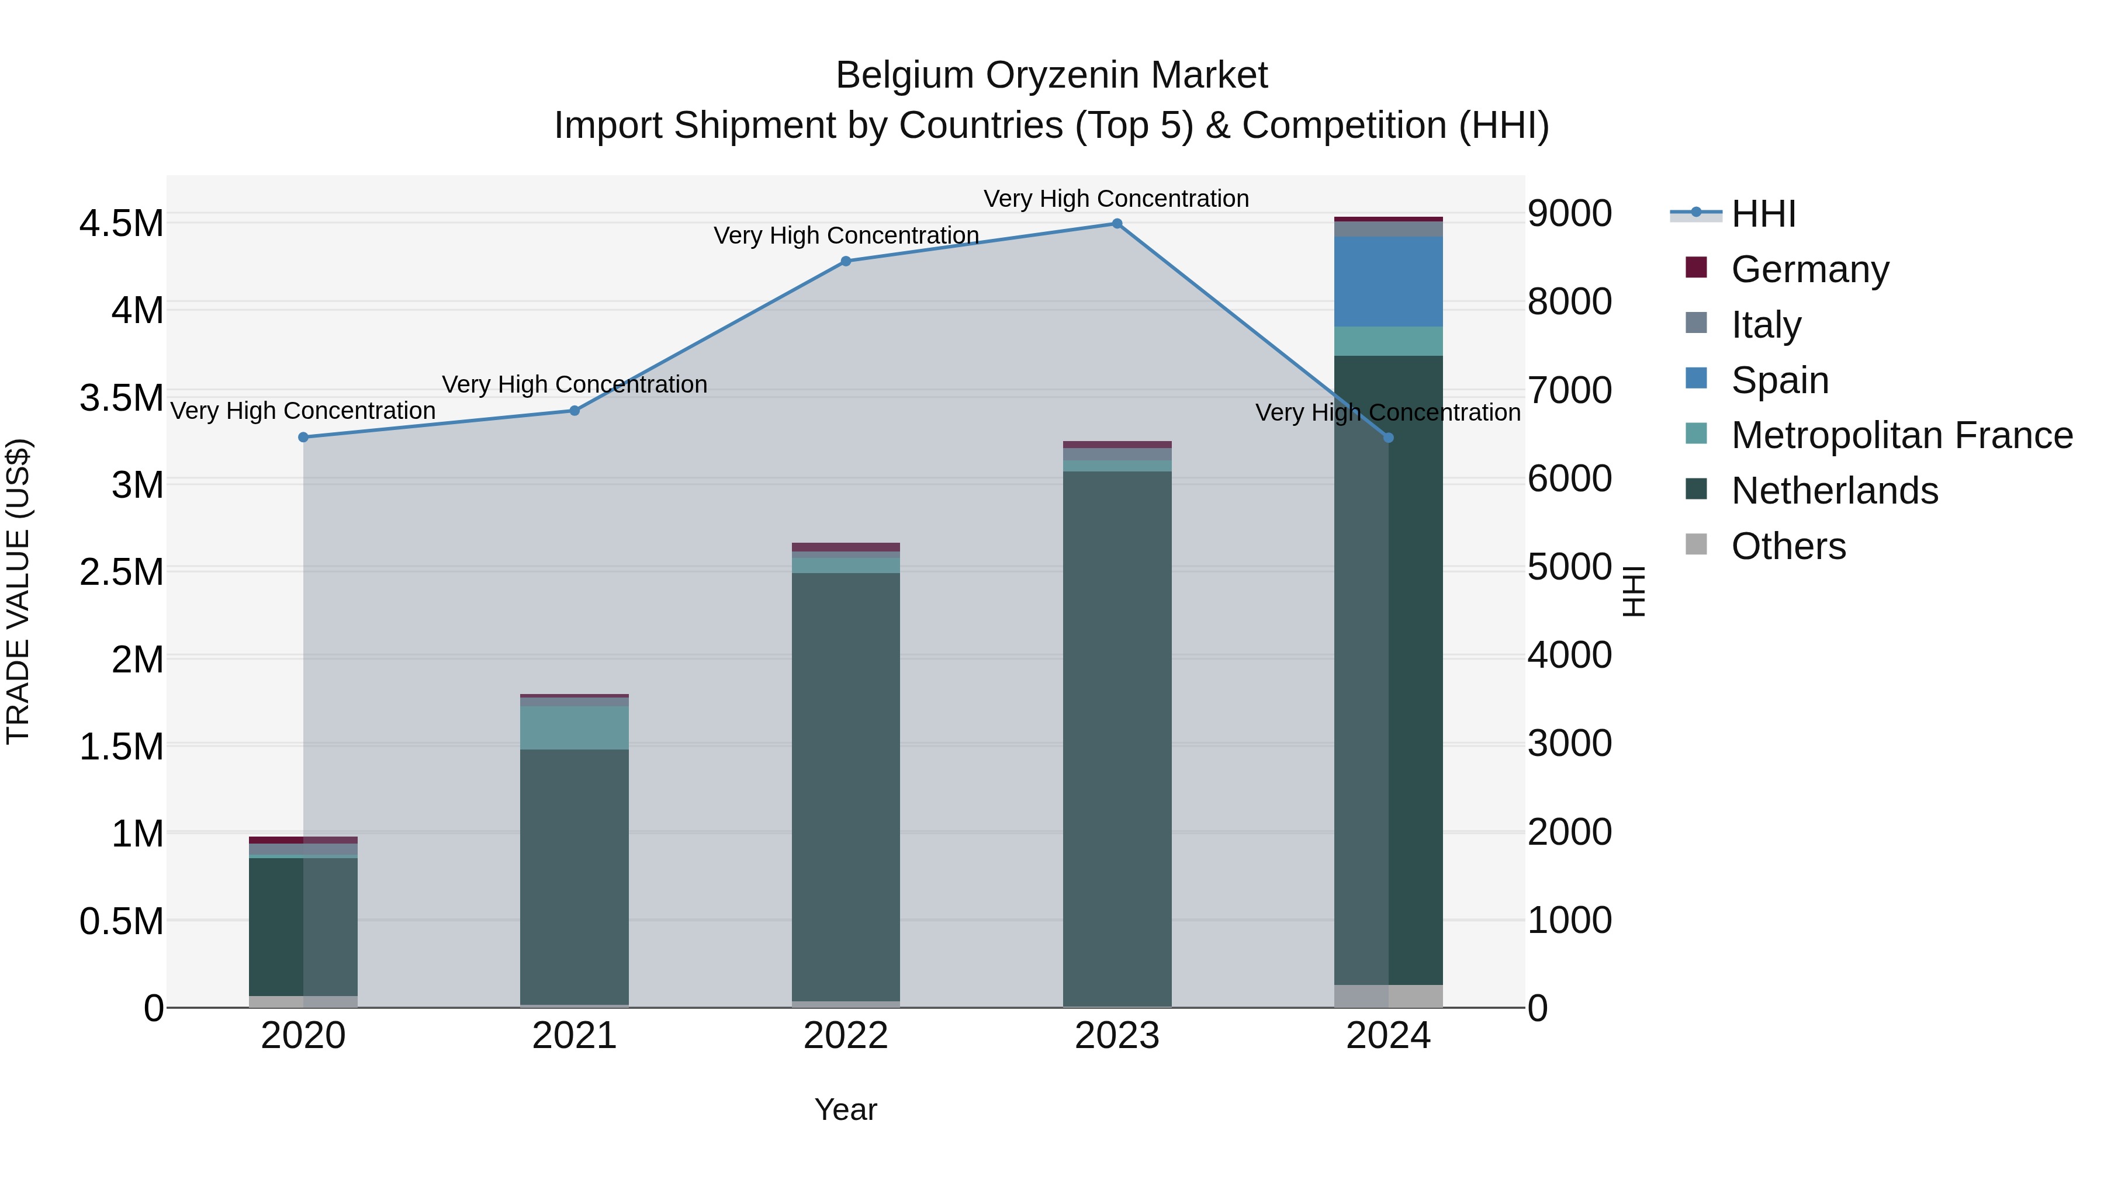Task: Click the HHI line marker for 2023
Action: [1116, 224]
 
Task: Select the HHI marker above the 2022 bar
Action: [845, 261]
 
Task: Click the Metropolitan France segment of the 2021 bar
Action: [574, 727]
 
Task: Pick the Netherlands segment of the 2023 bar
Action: [1116, 735]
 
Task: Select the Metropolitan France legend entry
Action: [1901, 435]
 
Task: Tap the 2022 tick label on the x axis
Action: [845, 1036]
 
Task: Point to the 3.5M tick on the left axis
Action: [121, 398]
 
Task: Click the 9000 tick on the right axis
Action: [1569, 214]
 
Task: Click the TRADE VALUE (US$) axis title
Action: [18, 591]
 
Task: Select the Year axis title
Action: [845, 1109]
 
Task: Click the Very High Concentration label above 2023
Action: [1116, 199]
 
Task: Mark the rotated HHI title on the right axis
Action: [1633, 591]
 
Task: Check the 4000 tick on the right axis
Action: [1569, 655]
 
